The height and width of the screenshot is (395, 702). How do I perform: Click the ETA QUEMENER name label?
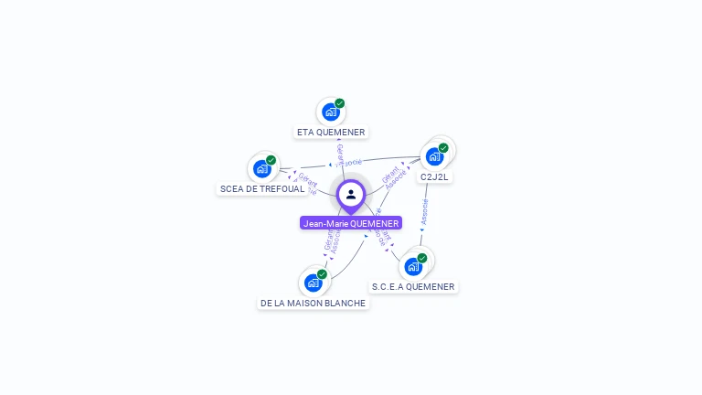331,133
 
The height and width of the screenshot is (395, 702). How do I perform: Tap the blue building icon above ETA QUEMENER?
331,112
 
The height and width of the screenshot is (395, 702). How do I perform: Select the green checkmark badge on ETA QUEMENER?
340,103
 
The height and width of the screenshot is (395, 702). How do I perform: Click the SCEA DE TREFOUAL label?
262,189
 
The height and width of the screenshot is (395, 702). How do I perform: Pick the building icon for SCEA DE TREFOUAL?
262,169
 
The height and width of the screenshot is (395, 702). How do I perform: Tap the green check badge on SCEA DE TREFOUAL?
271,160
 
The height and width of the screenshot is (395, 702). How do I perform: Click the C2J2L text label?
434,176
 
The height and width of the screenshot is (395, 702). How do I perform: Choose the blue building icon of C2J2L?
434,156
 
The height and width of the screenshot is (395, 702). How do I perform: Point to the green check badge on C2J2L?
443,147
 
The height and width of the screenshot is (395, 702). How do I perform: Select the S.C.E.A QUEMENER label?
413,287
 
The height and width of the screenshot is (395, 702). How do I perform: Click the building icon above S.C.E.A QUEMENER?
413,267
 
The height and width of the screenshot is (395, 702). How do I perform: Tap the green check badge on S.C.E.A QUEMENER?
422,258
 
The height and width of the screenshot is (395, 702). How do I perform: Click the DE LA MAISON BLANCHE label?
313,304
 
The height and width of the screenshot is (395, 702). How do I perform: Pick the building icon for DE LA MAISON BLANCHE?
313,283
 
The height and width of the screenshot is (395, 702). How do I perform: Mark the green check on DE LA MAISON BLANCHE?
322,274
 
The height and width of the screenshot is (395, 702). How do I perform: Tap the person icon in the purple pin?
351,194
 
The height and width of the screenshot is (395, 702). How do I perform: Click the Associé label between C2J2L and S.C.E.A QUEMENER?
424,212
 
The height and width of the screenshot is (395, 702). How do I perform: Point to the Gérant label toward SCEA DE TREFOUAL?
307,179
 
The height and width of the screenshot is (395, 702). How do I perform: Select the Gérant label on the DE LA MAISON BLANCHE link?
328,239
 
